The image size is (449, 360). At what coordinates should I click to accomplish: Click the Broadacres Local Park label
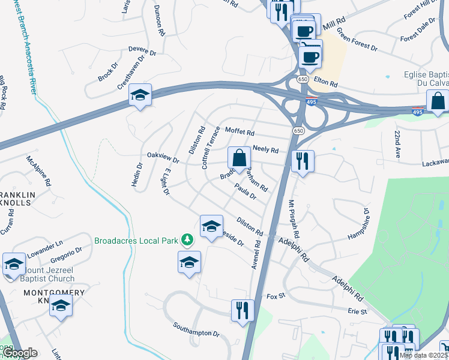pyautogui.click(x=136, y=241)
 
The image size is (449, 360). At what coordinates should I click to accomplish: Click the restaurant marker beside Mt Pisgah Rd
pyautogui.click(x=303, y=161)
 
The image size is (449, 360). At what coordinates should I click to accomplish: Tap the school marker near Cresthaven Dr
pyautogui.click(x=140, y=95)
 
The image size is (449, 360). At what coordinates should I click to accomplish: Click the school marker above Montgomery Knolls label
pyautogui.click(x=60, y=306)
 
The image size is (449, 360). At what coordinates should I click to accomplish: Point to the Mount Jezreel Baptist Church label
pyautogui.click(x=40, y=274)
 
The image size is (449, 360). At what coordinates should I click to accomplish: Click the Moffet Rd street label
pyautogui.click(x=240, y=131)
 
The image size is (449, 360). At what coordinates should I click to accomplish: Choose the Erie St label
pyautogui.click(x=357, y=312)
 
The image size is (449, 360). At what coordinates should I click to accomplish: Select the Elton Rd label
pyautogui.click(x=327, y=84)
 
